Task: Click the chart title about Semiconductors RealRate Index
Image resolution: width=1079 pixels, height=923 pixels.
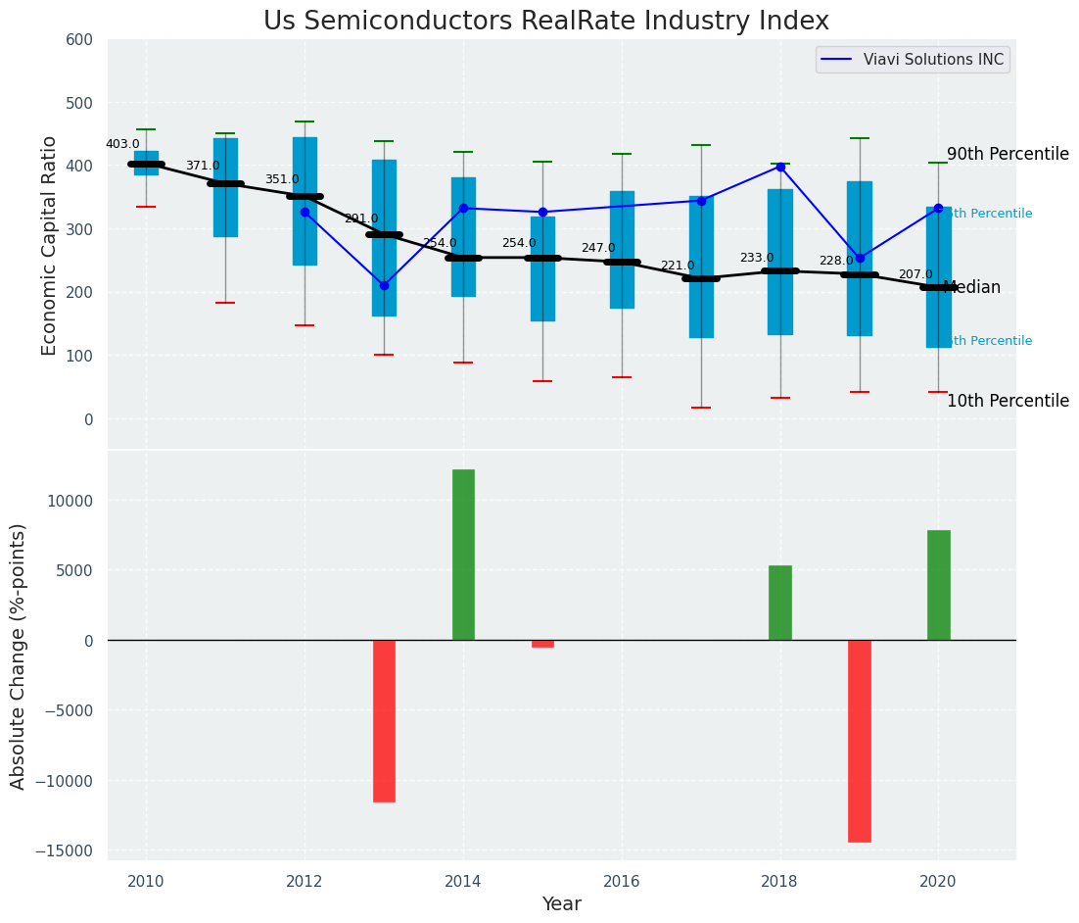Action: click(x=545, y=22)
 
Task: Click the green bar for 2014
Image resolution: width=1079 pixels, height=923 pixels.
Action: click(x=463, y=555)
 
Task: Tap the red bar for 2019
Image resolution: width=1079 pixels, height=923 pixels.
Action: click(x=860, y=741)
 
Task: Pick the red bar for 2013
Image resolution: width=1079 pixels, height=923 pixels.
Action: click(x=384, y=720)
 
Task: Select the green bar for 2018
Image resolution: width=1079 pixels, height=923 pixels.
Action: click(x=780, y=603)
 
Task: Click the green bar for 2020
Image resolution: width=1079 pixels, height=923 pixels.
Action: click(x=938, y=585)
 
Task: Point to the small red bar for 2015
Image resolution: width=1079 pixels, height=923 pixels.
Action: click(x=542, y=644)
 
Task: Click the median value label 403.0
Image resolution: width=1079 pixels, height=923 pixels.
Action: click(x=122, y=144)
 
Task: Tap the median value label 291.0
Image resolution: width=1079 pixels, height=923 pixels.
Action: click(x=360, y=219)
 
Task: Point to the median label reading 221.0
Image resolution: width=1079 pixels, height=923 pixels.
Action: click(x=677, y=266)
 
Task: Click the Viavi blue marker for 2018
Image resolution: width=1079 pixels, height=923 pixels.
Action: click(x=780, y=167)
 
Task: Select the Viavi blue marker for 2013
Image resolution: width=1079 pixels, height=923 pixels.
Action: click(x=384, y=285)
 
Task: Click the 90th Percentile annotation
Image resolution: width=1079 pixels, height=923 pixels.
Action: click(x=1008, y=155)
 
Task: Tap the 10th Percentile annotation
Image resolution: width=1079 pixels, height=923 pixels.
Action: click(x=1008, y=402)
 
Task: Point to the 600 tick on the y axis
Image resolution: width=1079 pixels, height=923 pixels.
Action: click(x=79, y=40)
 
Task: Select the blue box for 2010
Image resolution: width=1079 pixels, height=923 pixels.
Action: click(x=146, y=163)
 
